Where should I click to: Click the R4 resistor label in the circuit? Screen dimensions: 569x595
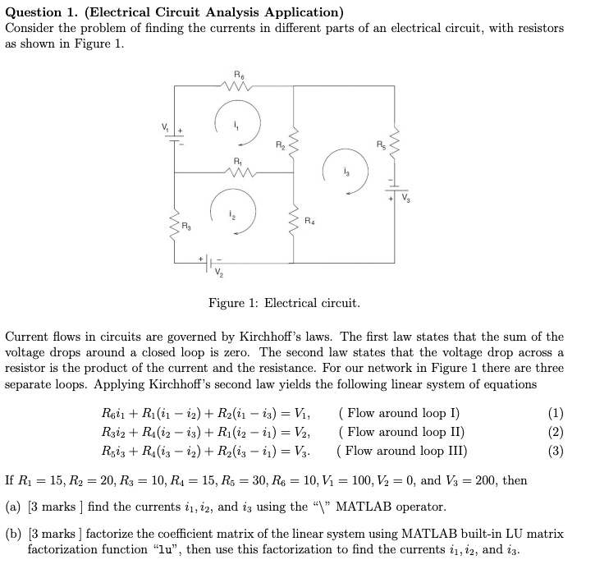(308, 220)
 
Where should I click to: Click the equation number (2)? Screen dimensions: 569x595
(556, 431)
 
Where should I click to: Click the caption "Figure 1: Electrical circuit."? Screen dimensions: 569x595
(284, 303)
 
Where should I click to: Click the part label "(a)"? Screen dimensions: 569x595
(13, 507)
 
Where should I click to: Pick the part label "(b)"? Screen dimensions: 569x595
(13, 534)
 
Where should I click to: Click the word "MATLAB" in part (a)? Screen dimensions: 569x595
(364, 507)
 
